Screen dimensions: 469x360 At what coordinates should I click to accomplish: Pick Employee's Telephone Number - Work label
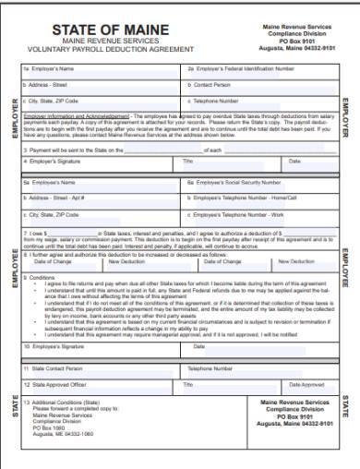coord(231,214)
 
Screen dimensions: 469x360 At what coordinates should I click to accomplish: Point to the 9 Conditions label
coord(42,277)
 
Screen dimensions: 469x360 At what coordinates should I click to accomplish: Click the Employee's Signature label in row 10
coord(54,346)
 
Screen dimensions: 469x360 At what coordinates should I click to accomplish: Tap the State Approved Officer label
coord(56,383)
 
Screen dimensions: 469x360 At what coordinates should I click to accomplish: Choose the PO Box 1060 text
coord(48,427)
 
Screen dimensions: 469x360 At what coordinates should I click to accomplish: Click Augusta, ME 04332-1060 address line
coord(64,434)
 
